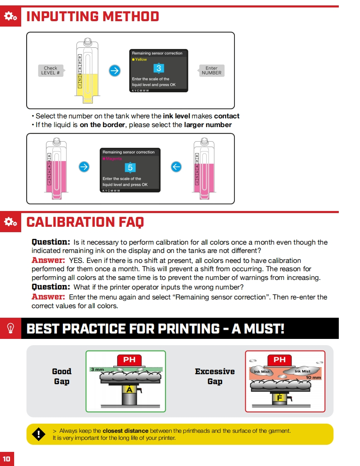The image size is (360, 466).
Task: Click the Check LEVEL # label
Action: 51,70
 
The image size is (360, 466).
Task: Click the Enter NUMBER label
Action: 212,70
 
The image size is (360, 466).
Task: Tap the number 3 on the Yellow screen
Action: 159,69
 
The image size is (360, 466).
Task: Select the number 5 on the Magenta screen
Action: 130,168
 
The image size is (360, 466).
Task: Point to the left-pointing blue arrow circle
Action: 176,167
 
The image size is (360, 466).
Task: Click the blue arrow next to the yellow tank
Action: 114,71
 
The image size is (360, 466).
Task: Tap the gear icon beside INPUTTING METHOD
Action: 10,17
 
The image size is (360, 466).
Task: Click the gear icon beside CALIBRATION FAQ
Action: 10,222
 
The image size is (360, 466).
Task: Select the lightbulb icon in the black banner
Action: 10,329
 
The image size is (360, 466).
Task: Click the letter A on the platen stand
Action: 130,390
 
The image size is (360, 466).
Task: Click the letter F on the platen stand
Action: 279,397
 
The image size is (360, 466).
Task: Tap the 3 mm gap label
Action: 97,369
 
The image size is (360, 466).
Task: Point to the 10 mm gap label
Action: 313,377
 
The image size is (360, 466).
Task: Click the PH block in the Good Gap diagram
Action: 129,360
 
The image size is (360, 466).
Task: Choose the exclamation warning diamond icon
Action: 39,434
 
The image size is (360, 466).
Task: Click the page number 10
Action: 7,459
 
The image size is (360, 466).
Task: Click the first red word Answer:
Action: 48,260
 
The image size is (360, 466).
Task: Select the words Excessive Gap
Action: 215,376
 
